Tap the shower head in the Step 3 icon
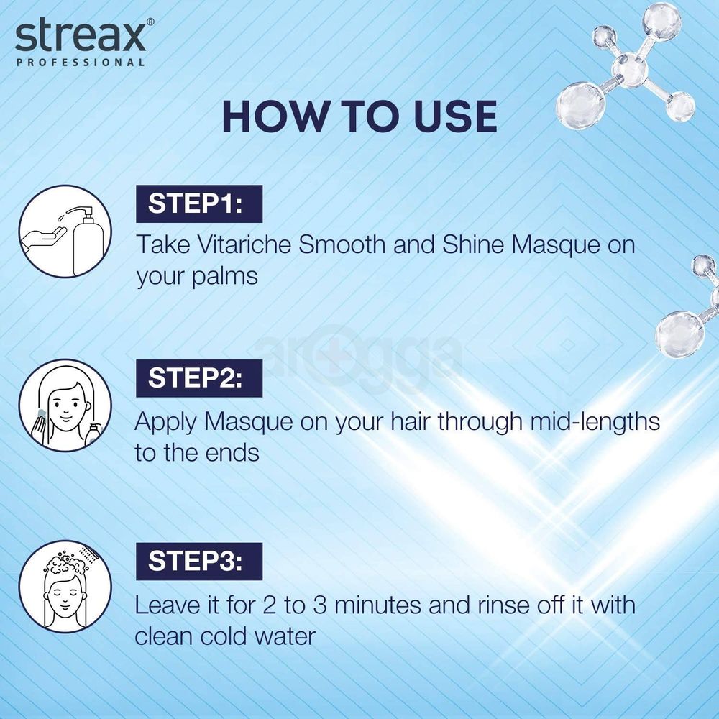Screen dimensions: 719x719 pos(91,554)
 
